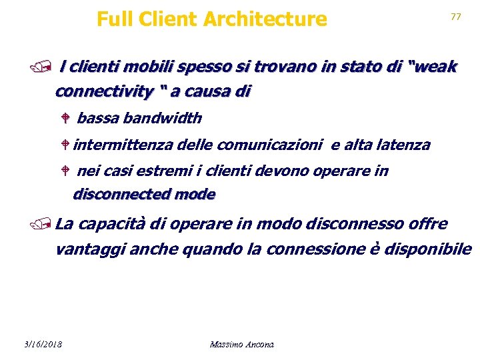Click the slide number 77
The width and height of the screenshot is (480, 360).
456,17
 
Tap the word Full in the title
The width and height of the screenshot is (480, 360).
114,19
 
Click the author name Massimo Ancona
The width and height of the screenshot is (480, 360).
241,344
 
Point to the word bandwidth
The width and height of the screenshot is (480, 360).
162,119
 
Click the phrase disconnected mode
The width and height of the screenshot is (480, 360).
144,195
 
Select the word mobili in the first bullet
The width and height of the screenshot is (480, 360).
142,67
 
